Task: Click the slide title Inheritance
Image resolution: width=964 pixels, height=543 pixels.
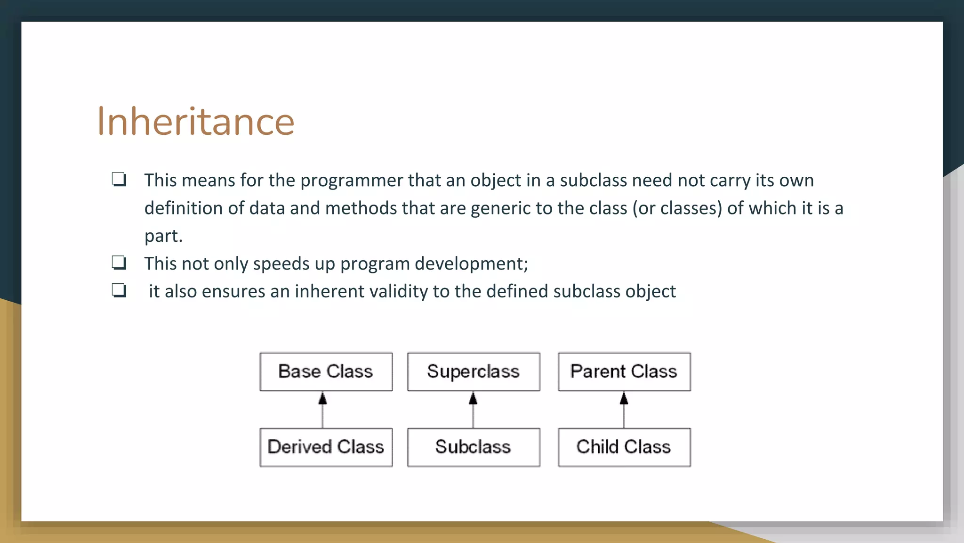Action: click(x=195, y=122)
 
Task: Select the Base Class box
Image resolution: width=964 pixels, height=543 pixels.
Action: click(x=326, y=371)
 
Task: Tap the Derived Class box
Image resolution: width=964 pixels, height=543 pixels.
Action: click(x=326, y=447)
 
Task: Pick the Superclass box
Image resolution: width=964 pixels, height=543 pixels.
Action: click(x=473, y=371)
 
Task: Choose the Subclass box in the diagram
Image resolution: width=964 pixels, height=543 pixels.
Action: click(x=473, y=447)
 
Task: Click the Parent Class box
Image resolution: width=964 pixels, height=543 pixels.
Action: click(x=624, y=371)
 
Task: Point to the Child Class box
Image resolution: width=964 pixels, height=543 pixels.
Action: click(x=624, y=447)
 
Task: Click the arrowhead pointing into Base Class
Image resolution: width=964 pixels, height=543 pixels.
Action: click(x=322, y=399)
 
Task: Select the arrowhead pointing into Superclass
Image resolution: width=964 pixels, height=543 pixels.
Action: click(x=473, y=399)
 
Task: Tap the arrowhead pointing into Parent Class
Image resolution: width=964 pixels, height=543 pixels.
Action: click(x=624, y=399)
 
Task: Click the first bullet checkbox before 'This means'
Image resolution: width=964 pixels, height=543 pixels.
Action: click(x=119, y=180)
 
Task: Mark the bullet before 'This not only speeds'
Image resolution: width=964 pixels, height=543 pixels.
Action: click(x=119, y=263)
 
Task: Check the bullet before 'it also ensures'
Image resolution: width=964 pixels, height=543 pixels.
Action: click(x=119, y=290)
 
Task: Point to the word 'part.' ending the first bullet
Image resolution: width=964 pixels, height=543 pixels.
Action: click(x=163, y=236)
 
